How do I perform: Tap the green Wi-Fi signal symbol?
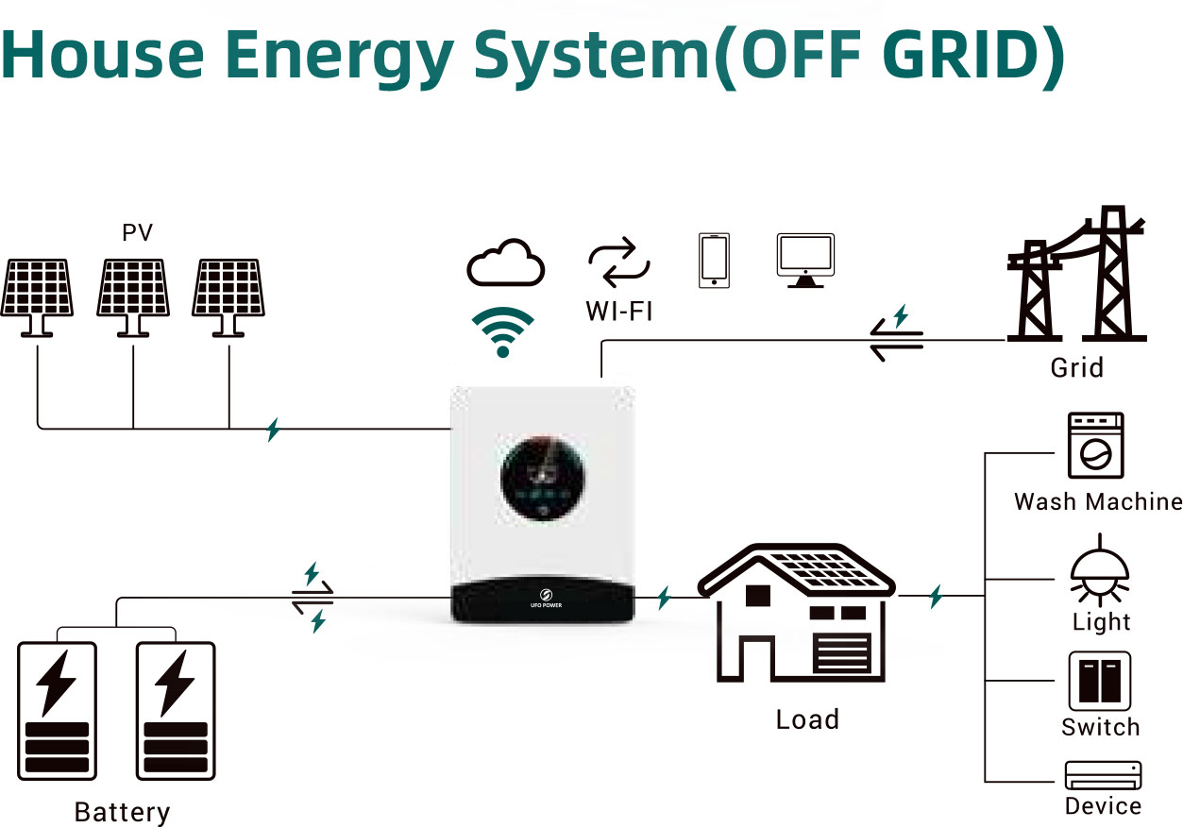502,331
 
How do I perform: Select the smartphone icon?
715,259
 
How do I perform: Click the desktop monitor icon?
805,260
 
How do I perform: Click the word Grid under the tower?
1076,367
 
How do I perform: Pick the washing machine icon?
1095,446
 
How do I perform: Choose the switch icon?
1100,681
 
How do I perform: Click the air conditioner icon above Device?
1103,775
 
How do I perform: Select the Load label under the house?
807,719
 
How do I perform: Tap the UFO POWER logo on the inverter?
543,599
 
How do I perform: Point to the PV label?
137,232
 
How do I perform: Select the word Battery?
122,812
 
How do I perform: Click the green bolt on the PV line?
273,430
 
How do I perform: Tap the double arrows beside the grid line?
896,338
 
